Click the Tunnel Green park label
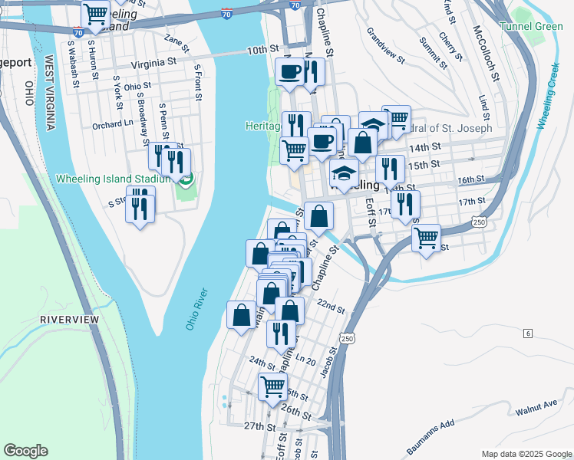[x=531, y=26]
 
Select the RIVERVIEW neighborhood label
[x=70, y=318]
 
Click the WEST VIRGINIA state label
[x=49, y=92]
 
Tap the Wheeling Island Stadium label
[x=112, y=179]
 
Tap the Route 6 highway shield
[x=528, y=333]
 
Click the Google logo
[x=25, y=451]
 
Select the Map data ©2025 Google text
[x=526, y=454]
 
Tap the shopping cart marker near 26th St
[x=272, y=387]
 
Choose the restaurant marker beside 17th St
[x=404, y=204]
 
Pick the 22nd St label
[x=332, y=306]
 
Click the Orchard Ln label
[x=112, y=125]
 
